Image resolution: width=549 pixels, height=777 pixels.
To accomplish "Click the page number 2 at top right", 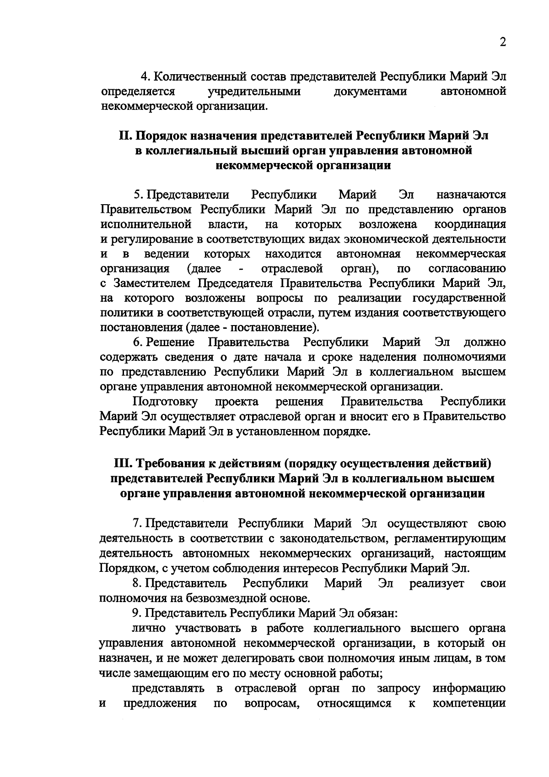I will click(503, 43).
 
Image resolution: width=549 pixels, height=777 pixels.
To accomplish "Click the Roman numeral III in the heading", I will click(123, 464).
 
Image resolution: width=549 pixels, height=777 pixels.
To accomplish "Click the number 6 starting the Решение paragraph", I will click(136, 342).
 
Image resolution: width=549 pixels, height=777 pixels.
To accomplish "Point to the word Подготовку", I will click(165, 402).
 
